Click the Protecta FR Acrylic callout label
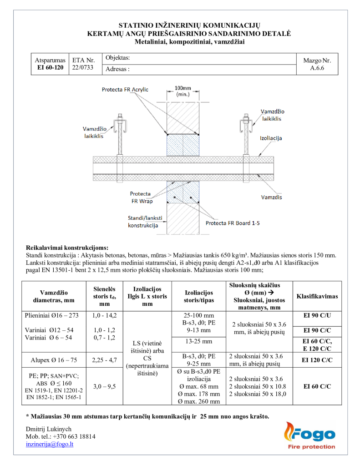click(x=125, y=90)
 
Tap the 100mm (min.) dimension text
click(x=183, y=91)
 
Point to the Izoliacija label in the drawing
click(x=271, y=138)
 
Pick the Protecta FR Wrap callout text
click(x=141, y=197)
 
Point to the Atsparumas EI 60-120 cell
click(x=50, y=64)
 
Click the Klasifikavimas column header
click(x=317, y=296)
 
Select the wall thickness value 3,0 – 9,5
click(x=104, y=386)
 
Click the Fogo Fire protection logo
click(x=309, y=436)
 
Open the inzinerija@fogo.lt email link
click(x=50, y=444)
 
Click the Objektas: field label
click(x=118, y=58)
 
